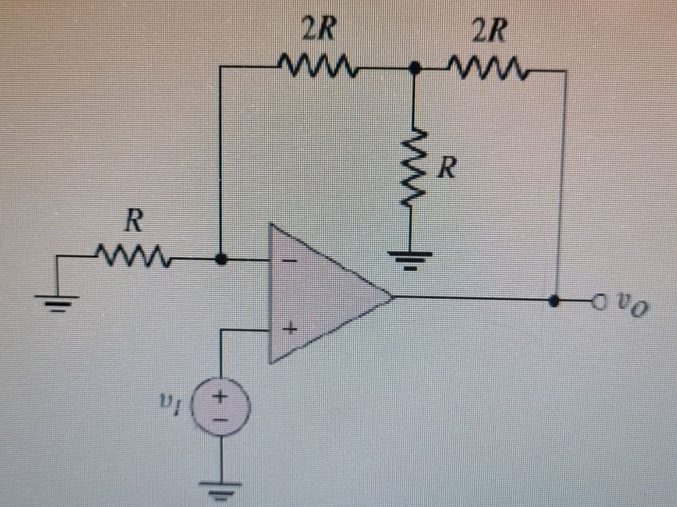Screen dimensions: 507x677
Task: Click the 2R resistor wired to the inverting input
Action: pyautogui.click(x=317, y=68)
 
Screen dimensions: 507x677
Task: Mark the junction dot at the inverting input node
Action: pyautogui.click(x=220, y=258)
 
